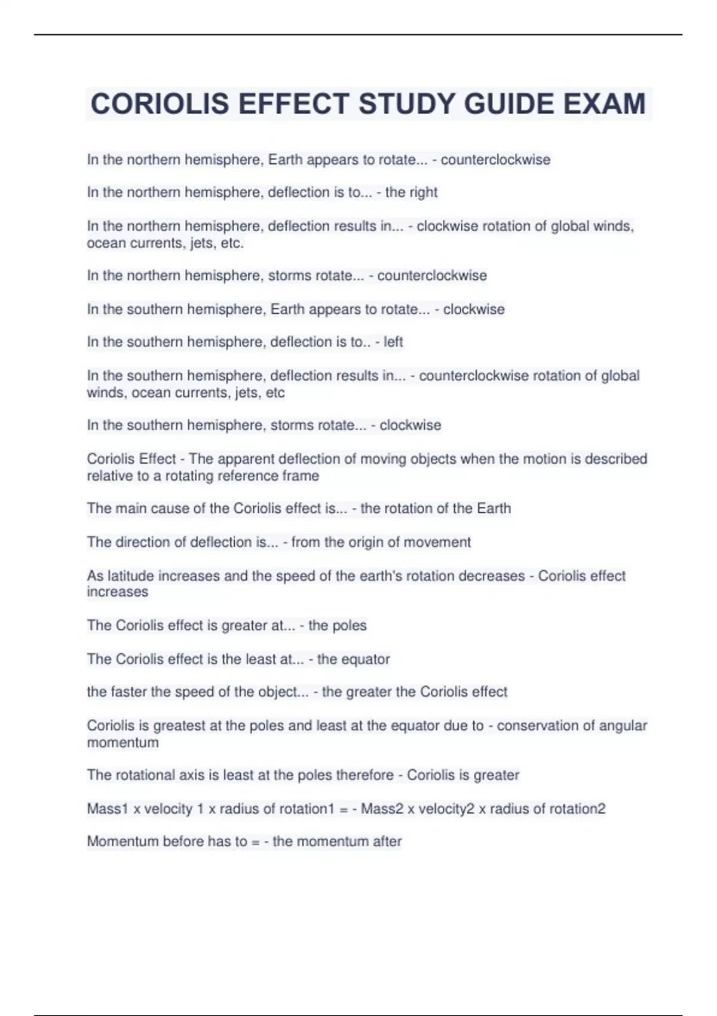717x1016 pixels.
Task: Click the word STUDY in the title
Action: pos(407,104)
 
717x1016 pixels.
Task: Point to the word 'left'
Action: pos(393,342)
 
